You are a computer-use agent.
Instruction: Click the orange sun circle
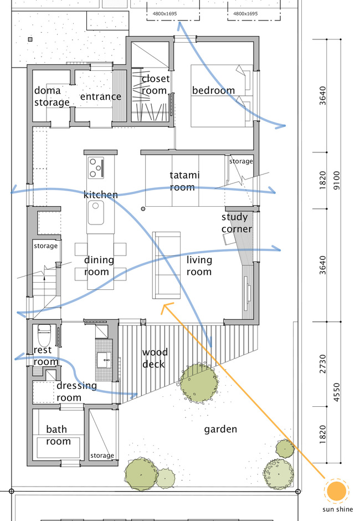[336, 491]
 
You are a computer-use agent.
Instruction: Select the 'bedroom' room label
[213, 90]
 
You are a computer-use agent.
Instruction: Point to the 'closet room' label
[155, 85]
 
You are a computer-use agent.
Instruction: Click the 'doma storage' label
[52, 96]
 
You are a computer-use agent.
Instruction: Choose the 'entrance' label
[100, 96]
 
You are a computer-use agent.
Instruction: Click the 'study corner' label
[236, 223]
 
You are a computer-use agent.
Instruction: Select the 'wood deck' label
[155, 358]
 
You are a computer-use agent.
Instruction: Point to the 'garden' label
[220, 429]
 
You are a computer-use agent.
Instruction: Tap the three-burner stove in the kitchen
[96, 167]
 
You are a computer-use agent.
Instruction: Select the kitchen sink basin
[96, 213]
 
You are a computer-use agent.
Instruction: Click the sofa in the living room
[166, 265]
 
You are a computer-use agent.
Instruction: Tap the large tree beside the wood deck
[198, 382]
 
